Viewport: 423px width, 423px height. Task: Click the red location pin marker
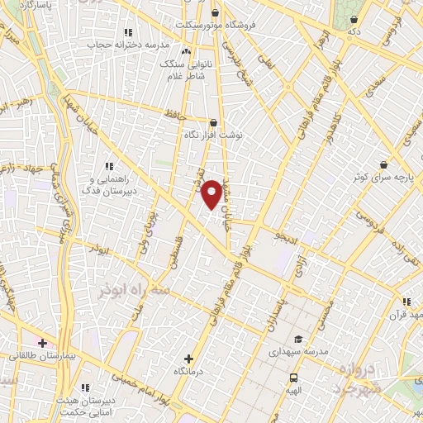pos(211,193)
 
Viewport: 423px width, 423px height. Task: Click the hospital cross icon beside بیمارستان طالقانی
pos(42,342)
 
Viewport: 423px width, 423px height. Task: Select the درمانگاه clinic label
pos(189,372)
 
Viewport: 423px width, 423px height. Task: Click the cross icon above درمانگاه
pos(189,359)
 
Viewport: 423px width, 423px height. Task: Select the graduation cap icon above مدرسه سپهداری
pos(297,339)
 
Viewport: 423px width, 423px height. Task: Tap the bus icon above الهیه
pos(295,377)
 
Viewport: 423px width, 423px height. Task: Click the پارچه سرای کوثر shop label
pos(384,177)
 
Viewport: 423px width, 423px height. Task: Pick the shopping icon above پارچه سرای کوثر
pos(383,164)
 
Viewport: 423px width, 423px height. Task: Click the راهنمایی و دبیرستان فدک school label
pos(108,184)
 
